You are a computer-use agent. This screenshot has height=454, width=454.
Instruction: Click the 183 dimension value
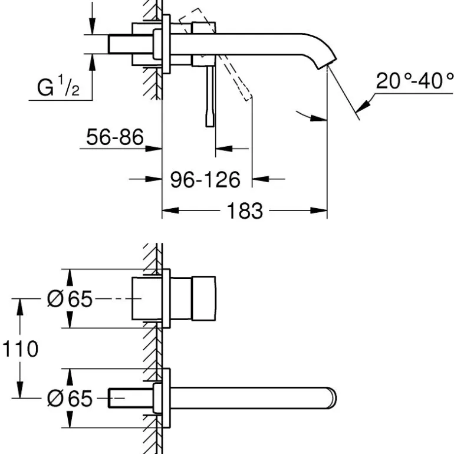244,210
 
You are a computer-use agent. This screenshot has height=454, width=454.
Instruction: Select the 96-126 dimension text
205,179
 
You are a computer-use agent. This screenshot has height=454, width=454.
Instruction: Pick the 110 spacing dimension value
20,348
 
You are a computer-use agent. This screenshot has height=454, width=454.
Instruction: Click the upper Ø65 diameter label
70,299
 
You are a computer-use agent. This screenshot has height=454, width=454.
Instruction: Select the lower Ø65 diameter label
70,399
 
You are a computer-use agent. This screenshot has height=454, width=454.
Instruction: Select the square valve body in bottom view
193,299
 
